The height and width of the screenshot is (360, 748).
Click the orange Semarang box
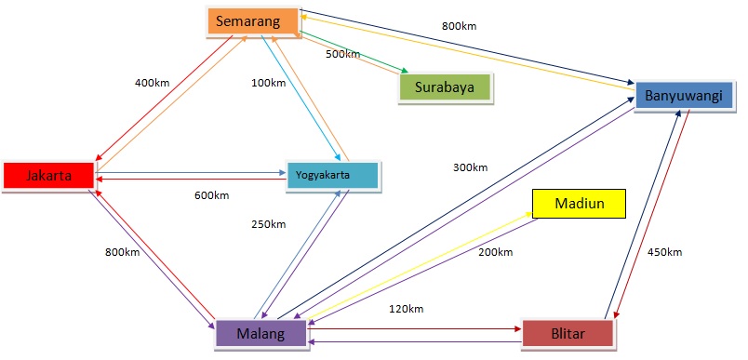pos(252,20)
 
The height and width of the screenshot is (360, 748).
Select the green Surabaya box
pos(445,88)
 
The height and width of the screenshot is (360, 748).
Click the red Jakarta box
pos(48,175)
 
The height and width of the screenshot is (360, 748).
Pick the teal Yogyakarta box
pos(332,175)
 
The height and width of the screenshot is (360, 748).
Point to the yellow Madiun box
pos(578,203)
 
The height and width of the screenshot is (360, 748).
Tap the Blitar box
pos(568,333)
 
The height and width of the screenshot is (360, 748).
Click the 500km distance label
pos(342,54)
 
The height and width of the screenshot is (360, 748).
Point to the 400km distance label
pos(153,83)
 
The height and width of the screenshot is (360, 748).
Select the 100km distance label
pos(268,83)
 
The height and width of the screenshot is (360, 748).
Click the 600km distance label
pos(212,195)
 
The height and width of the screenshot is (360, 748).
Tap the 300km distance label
pos(470,167)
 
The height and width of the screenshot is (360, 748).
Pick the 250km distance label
pos(268,224)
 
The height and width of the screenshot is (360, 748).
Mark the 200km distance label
pos(496,252)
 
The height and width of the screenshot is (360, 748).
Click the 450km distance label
pos(664,252)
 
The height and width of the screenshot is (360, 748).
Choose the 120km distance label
pos(406,308)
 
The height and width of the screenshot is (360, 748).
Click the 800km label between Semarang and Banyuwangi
pos(459,25)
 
